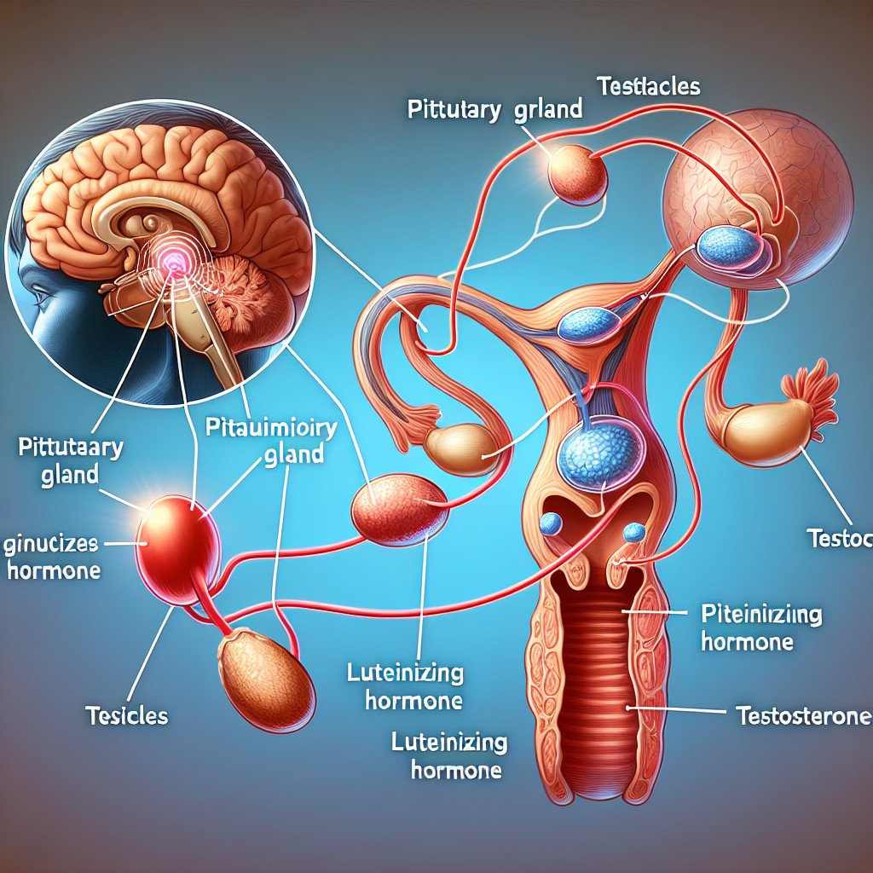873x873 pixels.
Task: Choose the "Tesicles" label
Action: (127, 715)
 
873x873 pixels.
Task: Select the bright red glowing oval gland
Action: (178, 549)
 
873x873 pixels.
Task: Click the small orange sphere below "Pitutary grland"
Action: (576, 173)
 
